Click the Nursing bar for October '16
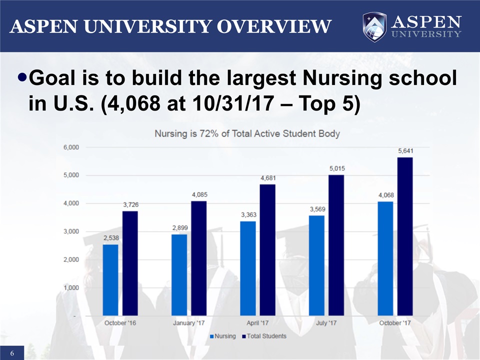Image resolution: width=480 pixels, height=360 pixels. [110, 280]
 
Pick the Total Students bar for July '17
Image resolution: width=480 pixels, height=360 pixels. [336, 245]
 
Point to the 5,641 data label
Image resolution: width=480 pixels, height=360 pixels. [405, 150]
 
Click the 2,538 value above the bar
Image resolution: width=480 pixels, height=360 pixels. [111, 237]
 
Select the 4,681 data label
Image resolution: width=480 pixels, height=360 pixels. [268, 177]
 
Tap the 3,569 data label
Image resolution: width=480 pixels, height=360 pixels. [317, 208]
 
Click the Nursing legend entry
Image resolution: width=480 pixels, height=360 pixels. [222, 336]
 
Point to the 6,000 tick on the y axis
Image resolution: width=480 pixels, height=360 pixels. [71, 147]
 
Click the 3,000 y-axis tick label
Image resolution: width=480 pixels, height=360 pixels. [71, 231]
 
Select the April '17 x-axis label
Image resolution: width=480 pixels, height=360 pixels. [257, 323]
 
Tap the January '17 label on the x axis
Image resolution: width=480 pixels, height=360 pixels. [189, 323]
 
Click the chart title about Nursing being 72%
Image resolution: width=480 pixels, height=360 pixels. [247, 133]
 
